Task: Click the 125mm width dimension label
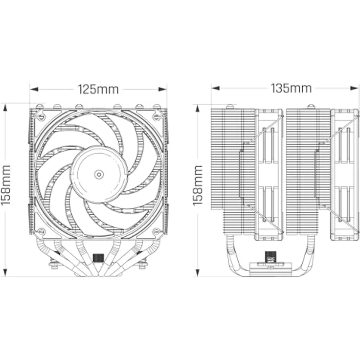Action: click(x=98, y=90)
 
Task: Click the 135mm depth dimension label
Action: click(x=291, y=88)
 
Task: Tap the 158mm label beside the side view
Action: click(x=198, y=185)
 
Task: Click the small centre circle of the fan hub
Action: click(x=99, y=174)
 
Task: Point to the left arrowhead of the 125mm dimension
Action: click(x=34, y=89)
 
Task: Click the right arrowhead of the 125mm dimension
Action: click(x=162, y=89)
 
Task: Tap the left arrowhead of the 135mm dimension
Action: click(x=216, y=88)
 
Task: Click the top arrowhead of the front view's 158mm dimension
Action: click(x=5, y=108)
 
